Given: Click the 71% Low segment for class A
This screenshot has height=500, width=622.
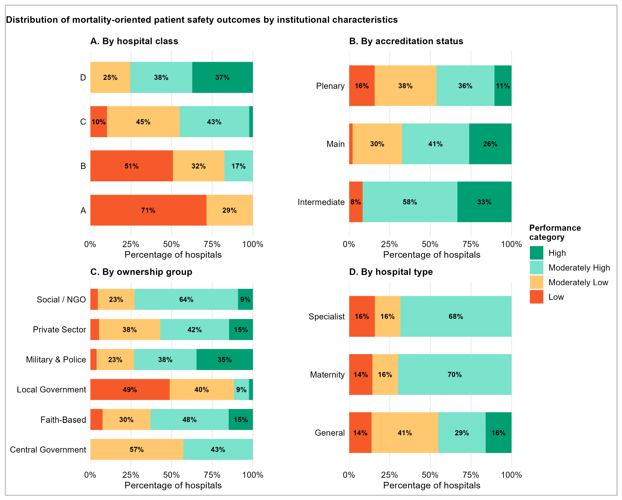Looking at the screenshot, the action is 148,210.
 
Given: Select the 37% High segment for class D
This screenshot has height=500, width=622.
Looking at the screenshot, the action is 222,77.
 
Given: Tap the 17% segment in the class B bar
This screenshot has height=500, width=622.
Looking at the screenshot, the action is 239,166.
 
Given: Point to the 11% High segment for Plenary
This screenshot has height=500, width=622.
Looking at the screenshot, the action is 503,86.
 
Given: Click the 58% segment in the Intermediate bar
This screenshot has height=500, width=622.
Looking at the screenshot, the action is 410,202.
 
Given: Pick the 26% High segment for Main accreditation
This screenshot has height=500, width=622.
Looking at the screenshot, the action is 490,144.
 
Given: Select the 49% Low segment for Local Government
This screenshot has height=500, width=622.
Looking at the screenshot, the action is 130,389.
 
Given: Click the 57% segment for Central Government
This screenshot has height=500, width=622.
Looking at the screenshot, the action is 137,450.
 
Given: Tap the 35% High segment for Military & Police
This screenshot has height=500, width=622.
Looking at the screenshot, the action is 225,359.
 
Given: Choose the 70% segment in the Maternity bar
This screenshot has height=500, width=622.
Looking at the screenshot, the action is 455,374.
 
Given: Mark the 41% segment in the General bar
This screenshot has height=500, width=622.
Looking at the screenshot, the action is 405,433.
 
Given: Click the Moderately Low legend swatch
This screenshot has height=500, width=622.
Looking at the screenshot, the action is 537,282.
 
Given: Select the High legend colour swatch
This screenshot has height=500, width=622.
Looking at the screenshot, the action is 537,253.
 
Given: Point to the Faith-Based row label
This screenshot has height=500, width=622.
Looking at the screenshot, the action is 63,419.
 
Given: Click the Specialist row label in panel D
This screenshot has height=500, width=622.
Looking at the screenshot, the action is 327,316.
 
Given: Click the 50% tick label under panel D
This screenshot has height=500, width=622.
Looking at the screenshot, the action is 430,475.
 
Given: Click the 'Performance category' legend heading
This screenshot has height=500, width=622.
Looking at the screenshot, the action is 555,232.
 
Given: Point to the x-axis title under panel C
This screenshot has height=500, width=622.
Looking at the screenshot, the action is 173,485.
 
